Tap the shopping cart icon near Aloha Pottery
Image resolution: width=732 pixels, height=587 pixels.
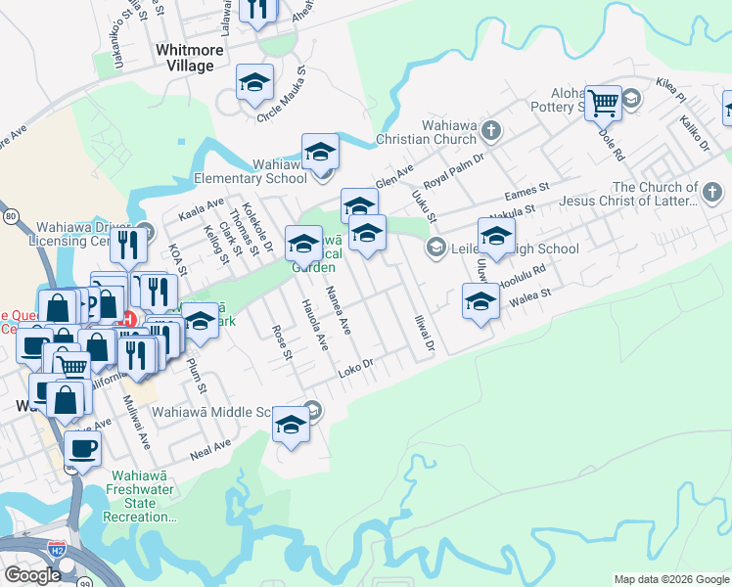tap(604, 101)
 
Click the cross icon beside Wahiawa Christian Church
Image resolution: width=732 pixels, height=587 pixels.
tap(490, 129)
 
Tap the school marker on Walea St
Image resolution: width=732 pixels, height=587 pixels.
tap(480, 302)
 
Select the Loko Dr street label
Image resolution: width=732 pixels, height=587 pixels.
tap(357, 370)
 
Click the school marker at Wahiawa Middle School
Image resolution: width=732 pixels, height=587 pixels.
tap(291, 424)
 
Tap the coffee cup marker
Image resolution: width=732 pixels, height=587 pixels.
tap(82, 449)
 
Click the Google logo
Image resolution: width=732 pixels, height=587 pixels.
tap(31, 575)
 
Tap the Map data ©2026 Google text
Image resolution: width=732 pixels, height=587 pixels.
tap(670, 579)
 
